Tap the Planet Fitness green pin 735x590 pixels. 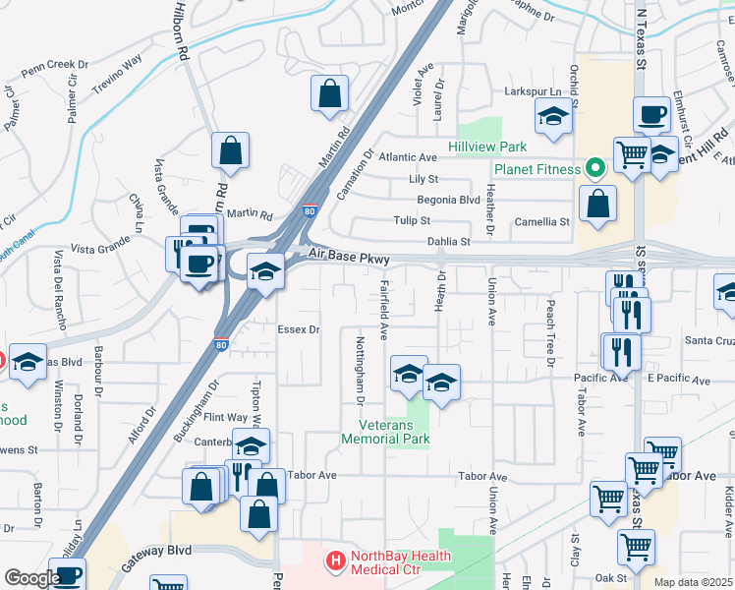coord(593,168)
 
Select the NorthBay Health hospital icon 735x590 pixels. coord(336,562)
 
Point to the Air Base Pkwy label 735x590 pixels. coord(349,258)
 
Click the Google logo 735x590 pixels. coord(31,578)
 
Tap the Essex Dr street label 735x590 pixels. coord(300,329)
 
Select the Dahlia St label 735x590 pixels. coord(449,241)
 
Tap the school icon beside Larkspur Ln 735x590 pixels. coord(553,119)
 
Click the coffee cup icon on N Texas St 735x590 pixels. coord(651,115)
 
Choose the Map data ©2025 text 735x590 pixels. coord(694,582)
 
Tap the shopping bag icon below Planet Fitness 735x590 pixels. coord(597,205)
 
